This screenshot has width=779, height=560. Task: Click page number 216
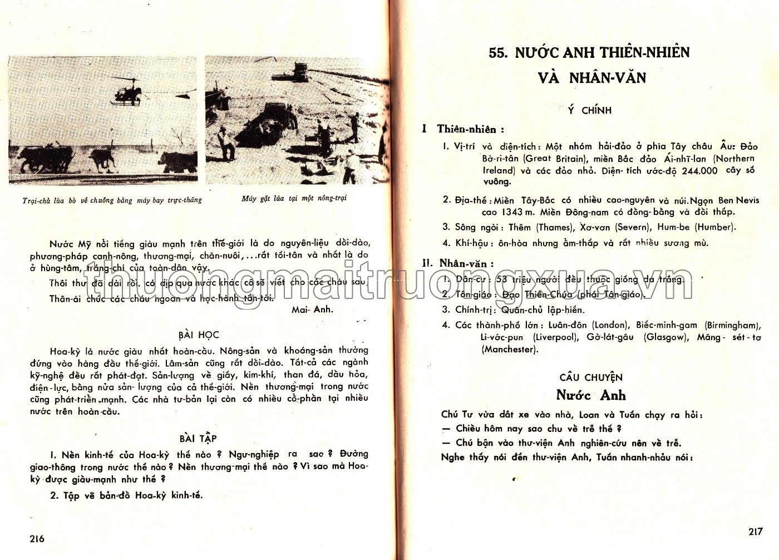point(37,538)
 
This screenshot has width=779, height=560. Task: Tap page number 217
point(755,531)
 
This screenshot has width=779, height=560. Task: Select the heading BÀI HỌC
point(199,335)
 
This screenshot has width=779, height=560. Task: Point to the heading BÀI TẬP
point(198,438)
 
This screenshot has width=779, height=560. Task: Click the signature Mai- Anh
point(312,310)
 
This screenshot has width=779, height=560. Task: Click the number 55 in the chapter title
point(497,53)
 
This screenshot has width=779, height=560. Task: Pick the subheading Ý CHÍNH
point(589,110)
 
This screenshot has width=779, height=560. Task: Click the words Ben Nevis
point(738,200)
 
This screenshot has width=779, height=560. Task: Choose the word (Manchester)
point(510,350)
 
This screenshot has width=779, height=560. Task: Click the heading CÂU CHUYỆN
point(591,377)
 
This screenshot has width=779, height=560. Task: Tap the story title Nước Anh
point(591,395)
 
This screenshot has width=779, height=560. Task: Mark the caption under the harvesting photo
point(294,198)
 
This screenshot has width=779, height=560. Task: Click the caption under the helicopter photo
point(112,200)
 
